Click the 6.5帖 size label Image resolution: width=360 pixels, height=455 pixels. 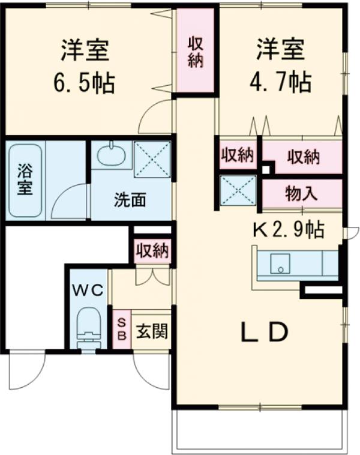pos(85,83)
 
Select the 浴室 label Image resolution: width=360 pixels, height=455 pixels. pos(25,179)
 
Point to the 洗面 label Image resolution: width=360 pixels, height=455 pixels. pos(130,200)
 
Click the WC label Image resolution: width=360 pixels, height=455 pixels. pos(89,290)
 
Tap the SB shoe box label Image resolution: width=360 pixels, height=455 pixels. pos(120,330)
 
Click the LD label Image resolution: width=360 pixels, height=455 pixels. pos(265,332)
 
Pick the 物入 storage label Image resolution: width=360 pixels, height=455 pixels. pos(301,193)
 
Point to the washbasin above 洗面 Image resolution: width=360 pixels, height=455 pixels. pos(112,155)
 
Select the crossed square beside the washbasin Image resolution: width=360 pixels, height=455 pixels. pos(152,158)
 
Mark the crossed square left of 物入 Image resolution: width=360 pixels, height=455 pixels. pos(238,190)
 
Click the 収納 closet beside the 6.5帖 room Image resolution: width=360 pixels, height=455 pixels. pos(195,52)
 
